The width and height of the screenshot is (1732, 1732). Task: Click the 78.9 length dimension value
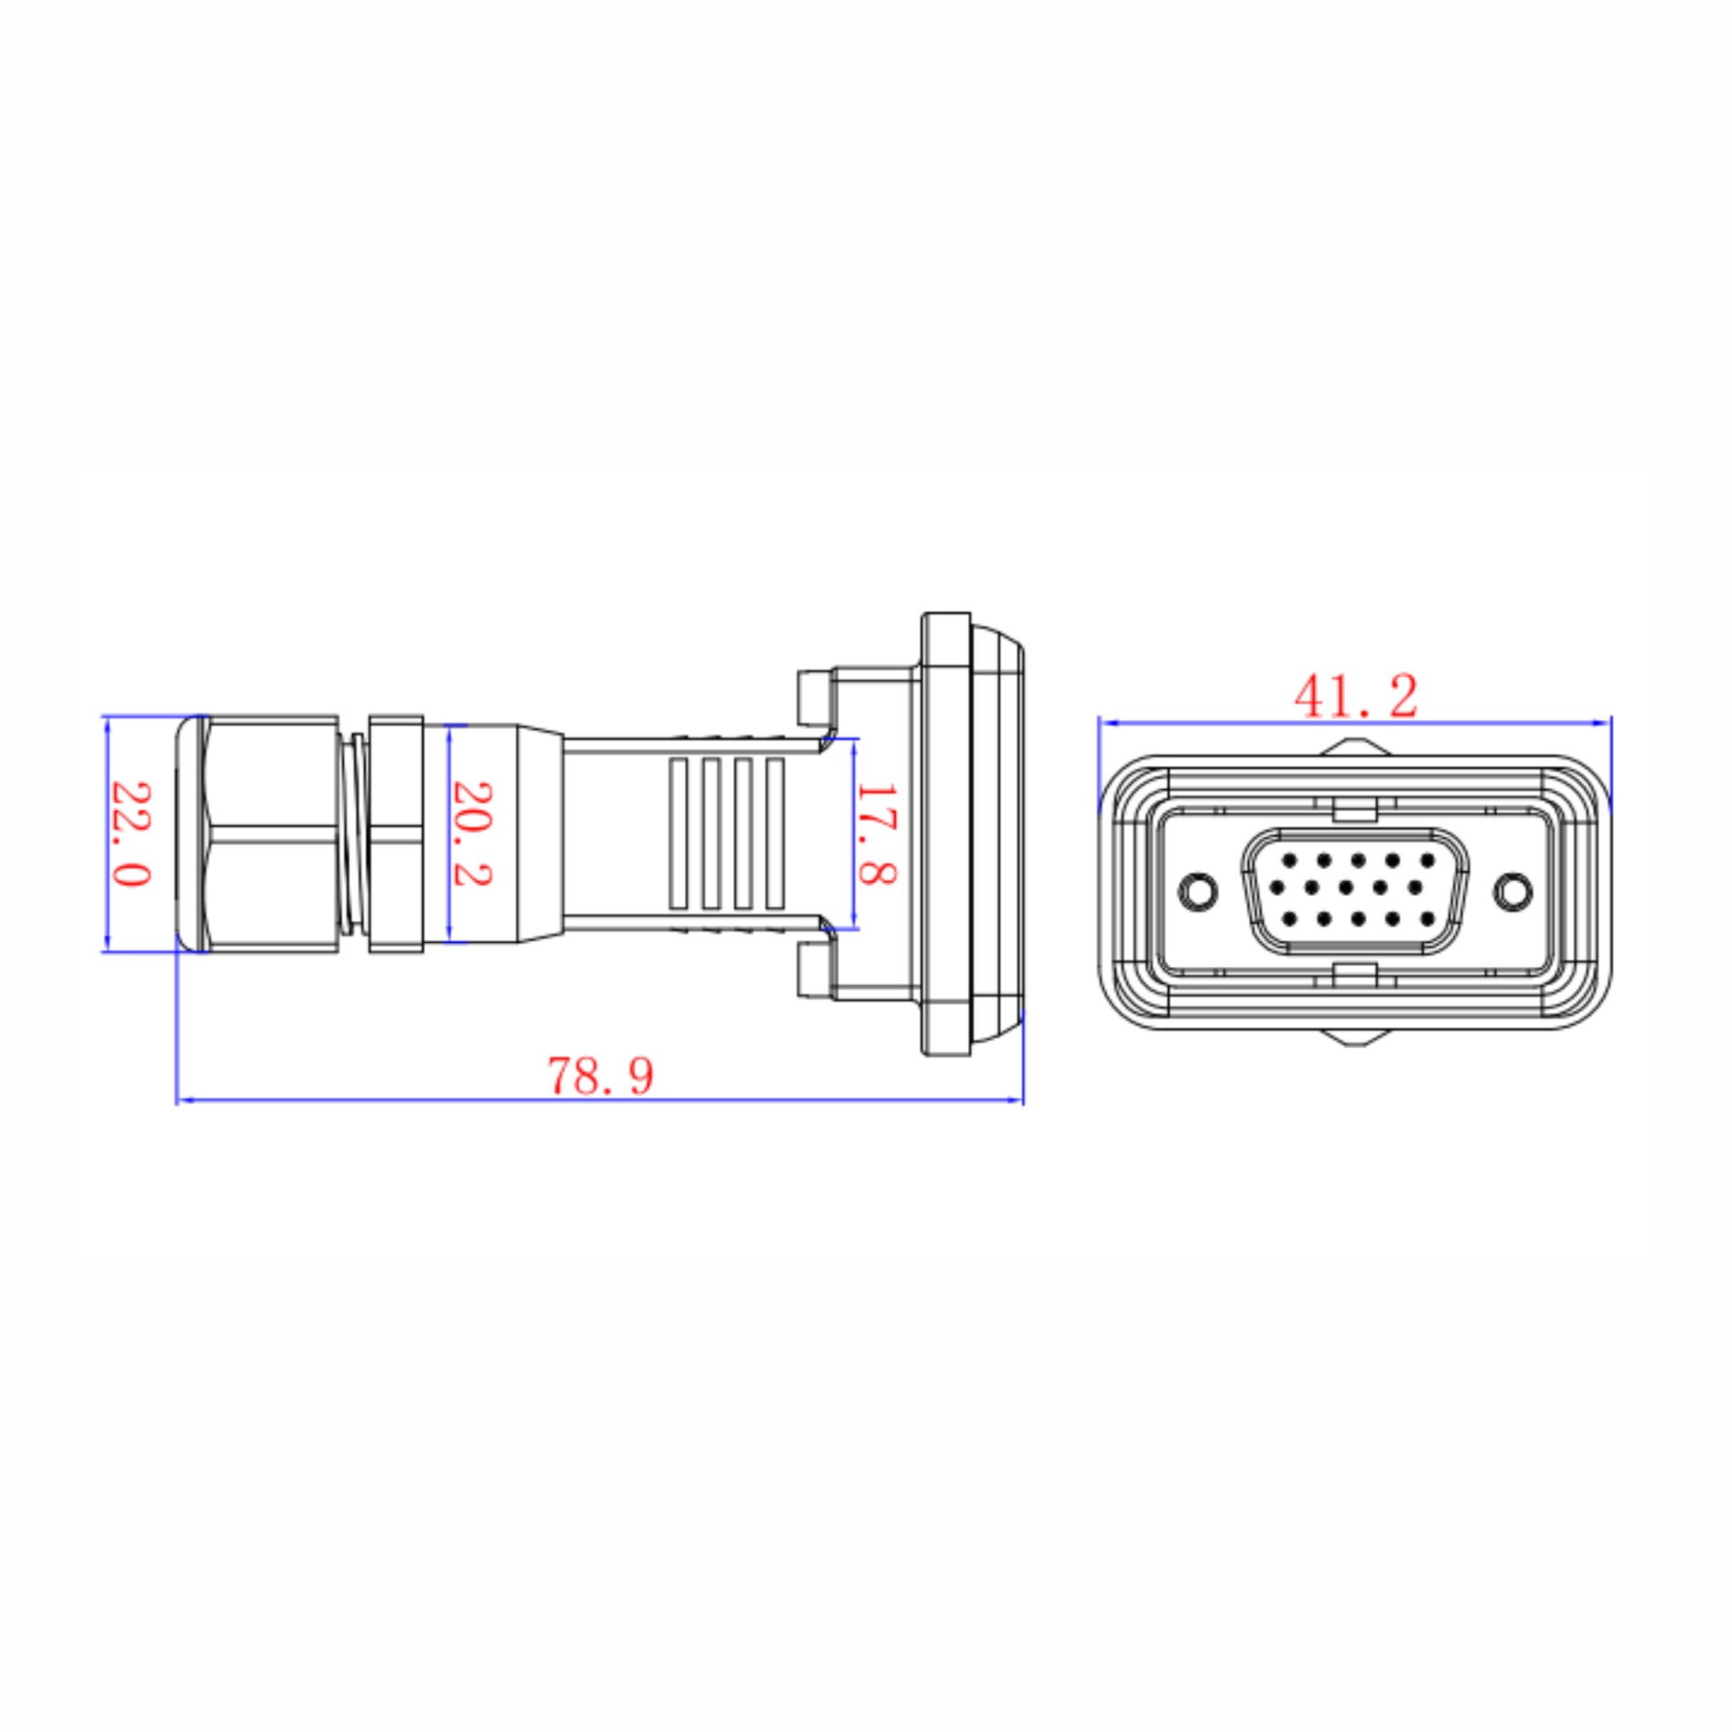[600, 1075]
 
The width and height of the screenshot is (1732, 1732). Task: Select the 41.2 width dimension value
[1356, 696]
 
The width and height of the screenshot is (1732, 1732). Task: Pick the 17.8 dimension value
[874, 834]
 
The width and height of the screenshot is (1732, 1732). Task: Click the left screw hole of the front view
[1198, 891]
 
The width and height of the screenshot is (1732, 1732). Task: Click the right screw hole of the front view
[1513, 891]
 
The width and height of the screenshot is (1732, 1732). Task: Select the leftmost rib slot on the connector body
[678, 833]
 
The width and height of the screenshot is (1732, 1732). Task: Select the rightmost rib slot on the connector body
[774, 833]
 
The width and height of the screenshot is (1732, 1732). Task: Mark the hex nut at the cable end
[257, 834]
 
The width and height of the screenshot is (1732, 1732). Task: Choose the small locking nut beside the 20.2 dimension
[396, 834]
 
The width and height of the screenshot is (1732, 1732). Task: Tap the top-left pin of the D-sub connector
[1289, 860]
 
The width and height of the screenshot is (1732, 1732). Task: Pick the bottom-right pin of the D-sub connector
[1426, 919]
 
